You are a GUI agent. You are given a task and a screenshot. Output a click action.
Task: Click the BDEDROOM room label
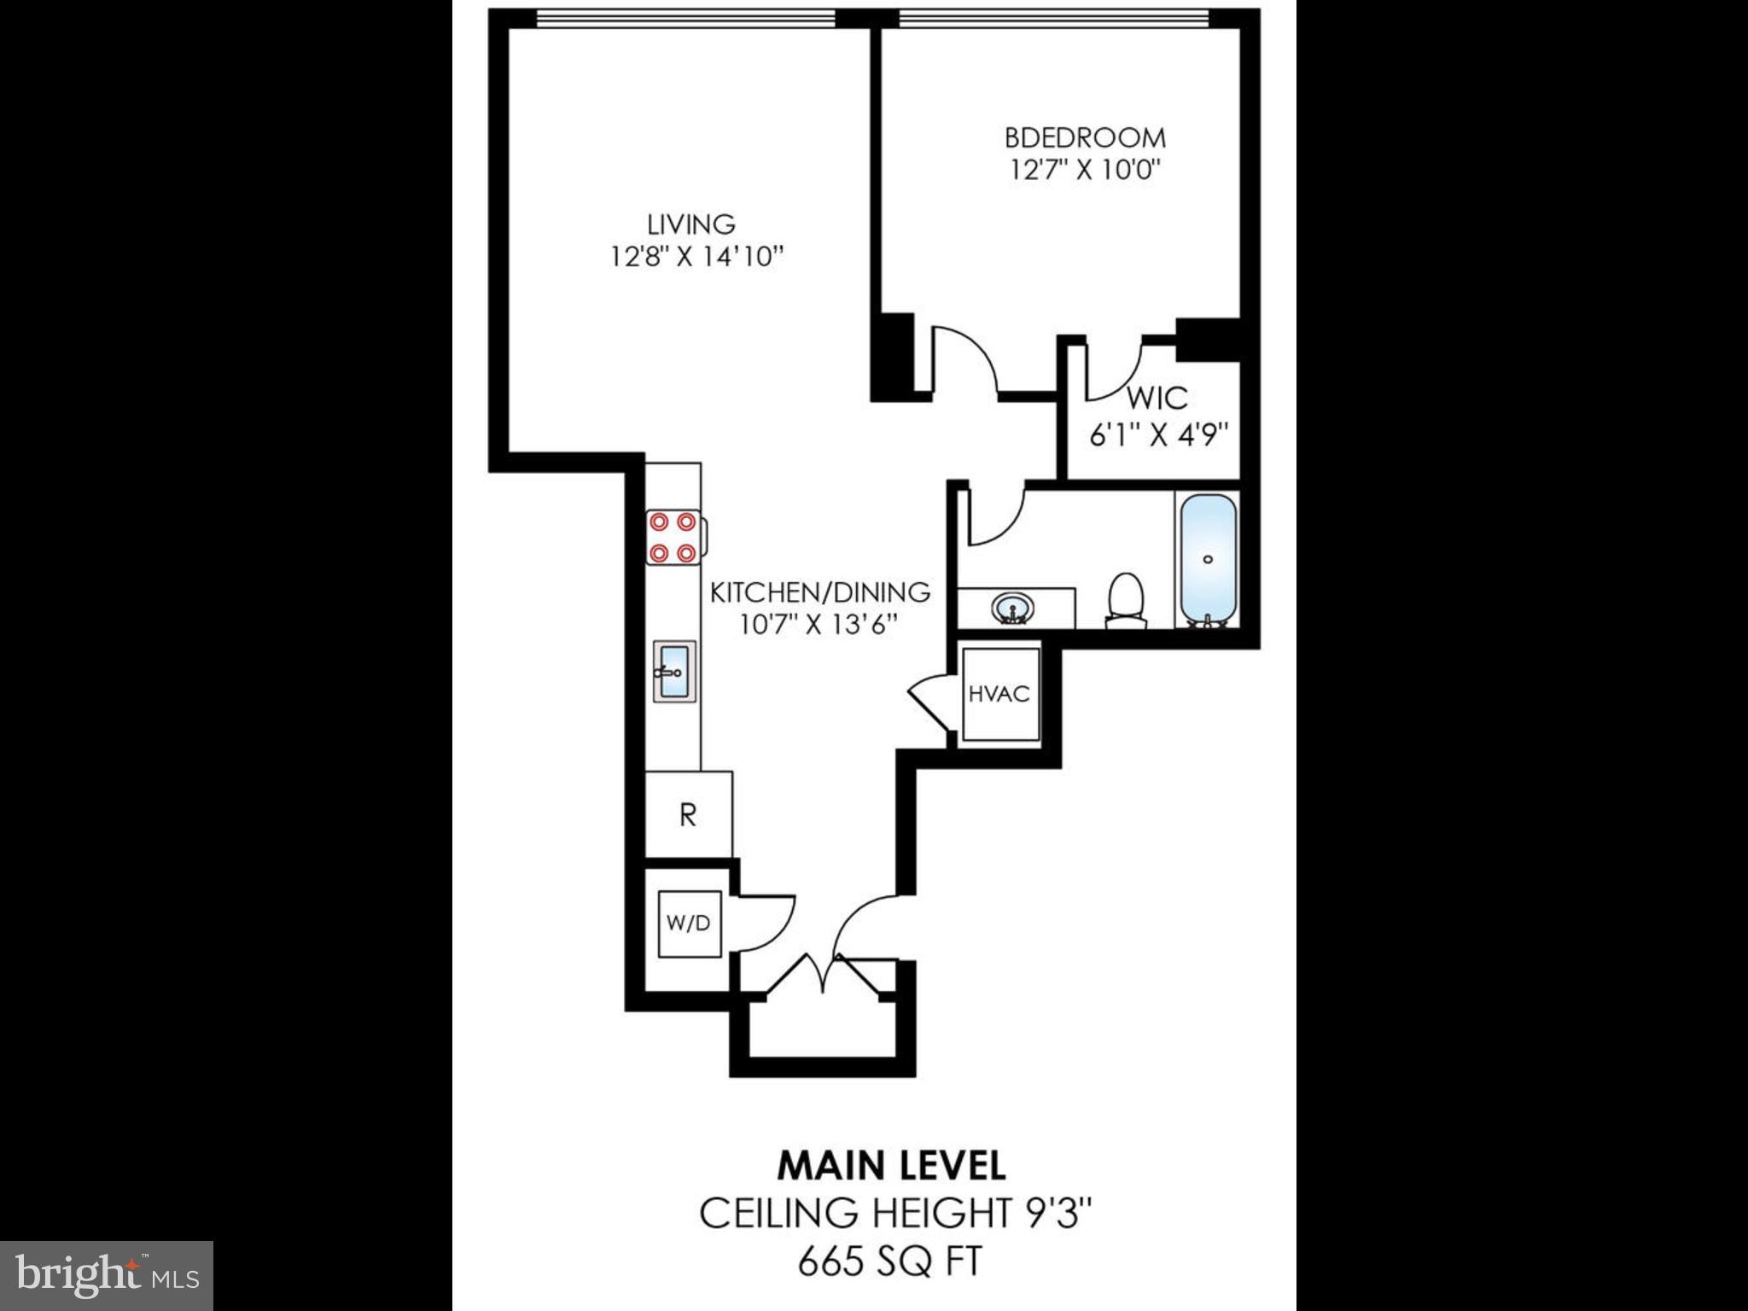[1085, 137]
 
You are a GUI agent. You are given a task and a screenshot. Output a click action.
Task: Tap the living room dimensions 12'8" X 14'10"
[696, 256]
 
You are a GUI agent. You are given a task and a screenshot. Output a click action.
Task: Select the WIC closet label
[1157, 398]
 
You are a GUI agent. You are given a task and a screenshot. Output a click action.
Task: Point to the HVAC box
[999, 694]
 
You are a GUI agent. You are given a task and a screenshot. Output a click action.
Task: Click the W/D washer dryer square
[689, 924]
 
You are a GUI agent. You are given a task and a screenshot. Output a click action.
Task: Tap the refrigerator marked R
[688, 815]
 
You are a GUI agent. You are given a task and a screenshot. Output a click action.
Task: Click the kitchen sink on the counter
[674, 672]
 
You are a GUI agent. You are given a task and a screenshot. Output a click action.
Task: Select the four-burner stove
[673, 537]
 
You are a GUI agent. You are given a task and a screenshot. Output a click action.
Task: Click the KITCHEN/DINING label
[820, 591]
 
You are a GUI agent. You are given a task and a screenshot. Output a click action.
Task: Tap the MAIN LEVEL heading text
[891, 1166]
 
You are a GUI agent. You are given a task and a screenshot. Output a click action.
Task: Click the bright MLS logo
[107, 1275]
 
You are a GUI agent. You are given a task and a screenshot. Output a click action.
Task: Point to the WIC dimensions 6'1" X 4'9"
[1158, 435]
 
